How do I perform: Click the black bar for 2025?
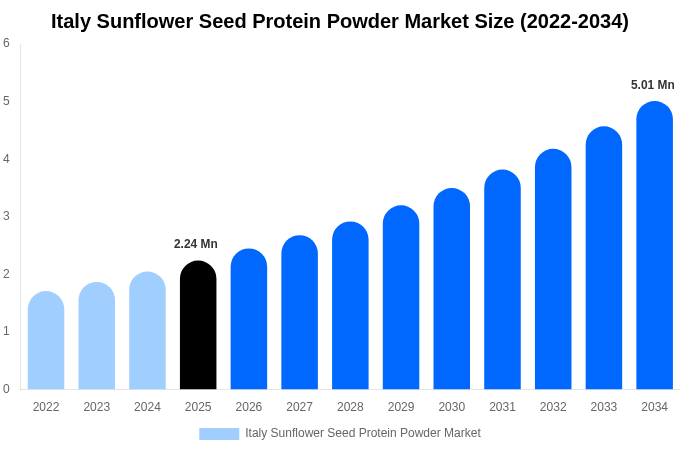[198, 325]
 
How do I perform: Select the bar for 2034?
[654, 245]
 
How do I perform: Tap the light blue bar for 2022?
[46, 340]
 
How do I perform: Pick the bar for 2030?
[451, 289]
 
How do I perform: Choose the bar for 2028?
[350, 305]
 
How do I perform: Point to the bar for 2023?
[97, 336]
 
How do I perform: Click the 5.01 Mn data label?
[652, 85]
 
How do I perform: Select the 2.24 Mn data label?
[196, 244]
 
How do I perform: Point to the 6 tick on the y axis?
[6, 43]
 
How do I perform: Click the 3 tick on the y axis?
[6, 216]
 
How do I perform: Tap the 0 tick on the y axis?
[6, 388]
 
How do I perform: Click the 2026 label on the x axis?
[248, 407]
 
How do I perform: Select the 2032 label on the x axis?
[553, 407]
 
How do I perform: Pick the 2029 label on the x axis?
[401, 407]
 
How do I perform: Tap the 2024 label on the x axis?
[147, 407]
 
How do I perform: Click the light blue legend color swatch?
[219, 434]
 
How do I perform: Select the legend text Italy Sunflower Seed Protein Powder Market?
[363, 433]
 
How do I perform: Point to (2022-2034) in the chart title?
[574, 22]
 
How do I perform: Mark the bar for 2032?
[553, 269]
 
